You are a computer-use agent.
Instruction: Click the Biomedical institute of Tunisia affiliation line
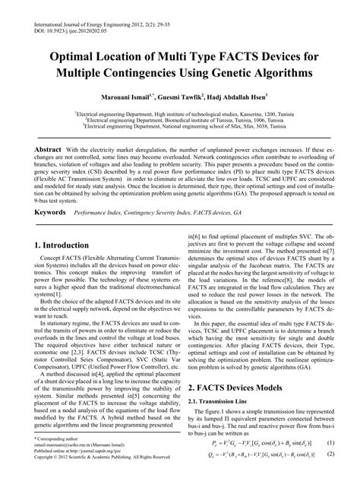coord(179,120)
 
